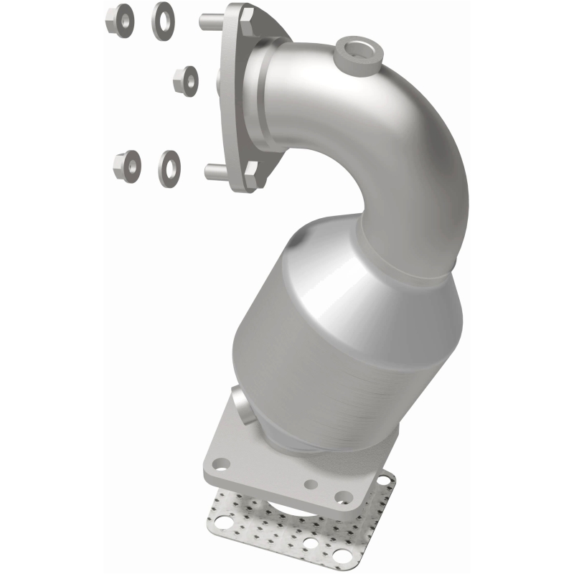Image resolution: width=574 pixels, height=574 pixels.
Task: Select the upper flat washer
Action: click(x=163, y=20)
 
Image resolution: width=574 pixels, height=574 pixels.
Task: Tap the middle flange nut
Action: click(x=186, y=80)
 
